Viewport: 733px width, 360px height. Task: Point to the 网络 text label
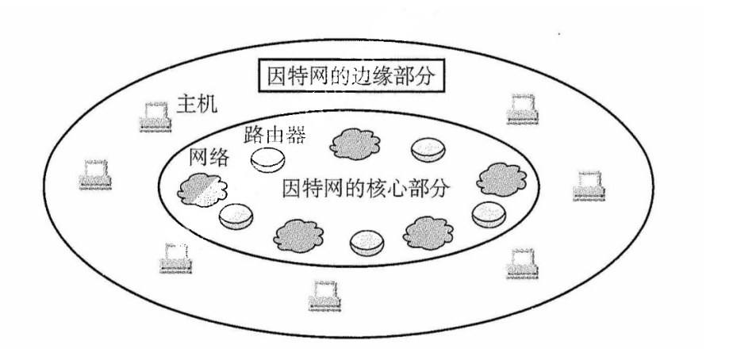pyautogui.click(x=209, y=158)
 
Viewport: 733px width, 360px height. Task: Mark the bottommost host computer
pyautogui.click(x=322, y=295)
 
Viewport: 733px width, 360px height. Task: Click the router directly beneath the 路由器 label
pyautogui.click(x=267, y=159)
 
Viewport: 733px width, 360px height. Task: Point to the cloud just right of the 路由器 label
pyautogui.click(x=354, y=143)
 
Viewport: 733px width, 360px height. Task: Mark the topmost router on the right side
pyautogui.click(x=428, y=148)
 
